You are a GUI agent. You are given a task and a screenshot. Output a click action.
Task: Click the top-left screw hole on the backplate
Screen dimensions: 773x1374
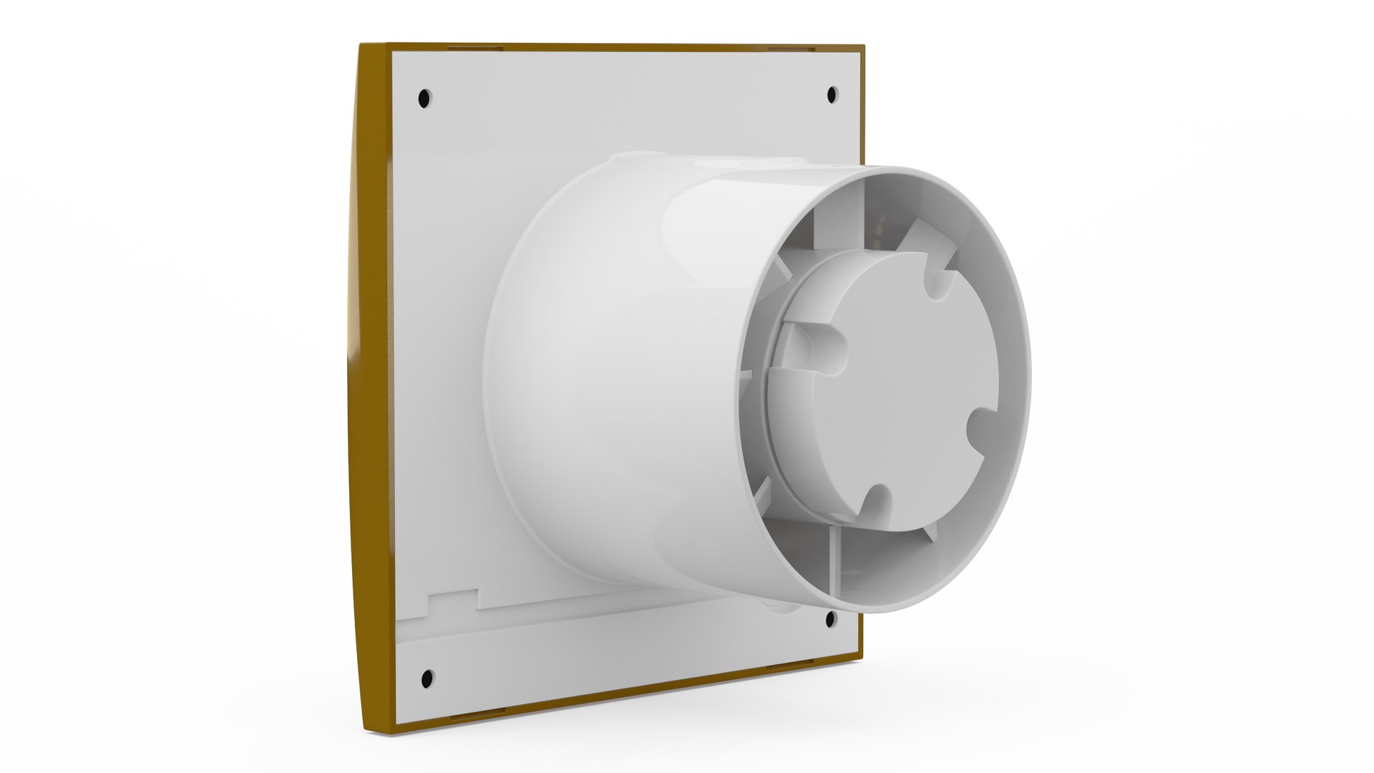click(424, 97)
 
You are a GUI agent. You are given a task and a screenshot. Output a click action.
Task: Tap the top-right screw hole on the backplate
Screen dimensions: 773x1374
click(832, 94)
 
